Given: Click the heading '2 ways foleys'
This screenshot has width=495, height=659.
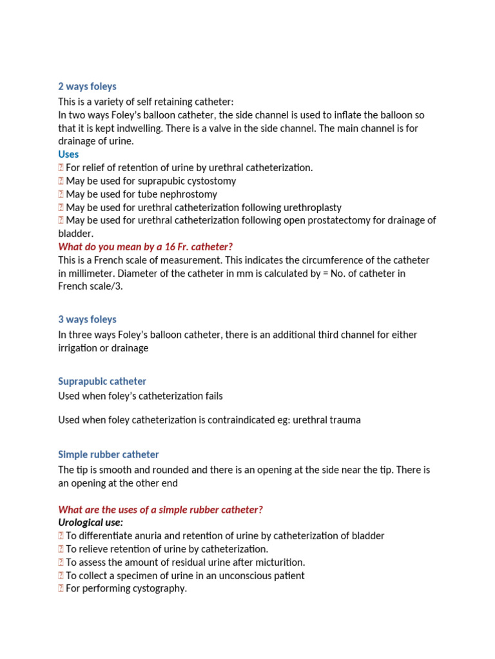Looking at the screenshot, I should tap(87, 87).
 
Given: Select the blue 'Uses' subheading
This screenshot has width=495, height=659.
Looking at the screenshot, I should tap(68, 154).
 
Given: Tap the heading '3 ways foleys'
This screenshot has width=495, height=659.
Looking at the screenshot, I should tap(87, 320).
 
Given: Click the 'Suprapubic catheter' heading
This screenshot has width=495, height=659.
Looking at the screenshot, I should tap(102, 381).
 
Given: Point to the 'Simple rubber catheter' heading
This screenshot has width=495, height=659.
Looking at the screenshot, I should tap(108, 454).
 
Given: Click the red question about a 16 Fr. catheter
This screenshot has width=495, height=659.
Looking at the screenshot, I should tap(145, 246).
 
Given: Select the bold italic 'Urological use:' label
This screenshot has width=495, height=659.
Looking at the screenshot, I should tap(90, 523).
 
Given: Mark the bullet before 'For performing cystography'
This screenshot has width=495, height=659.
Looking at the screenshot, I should tap(61, 589).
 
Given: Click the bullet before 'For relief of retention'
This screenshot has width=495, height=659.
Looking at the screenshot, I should tap(61, 168).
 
